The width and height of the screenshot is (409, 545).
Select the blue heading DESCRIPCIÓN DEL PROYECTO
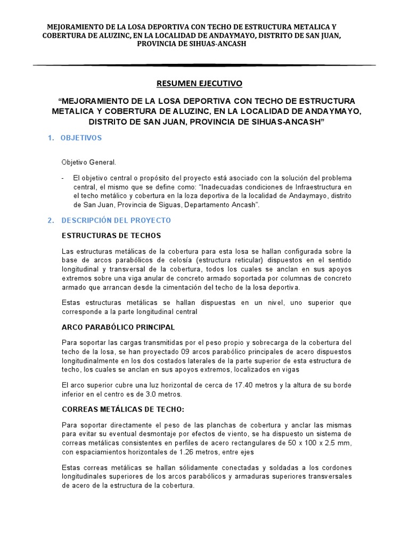coord(116,220)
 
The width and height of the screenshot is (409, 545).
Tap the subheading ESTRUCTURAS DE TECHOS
coord(111,236)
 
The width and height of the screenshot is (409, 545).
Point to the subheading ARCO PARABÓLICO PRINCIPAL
coord(118,327)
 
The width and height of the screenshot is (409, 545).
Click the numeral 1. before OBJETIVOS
coord(51,138)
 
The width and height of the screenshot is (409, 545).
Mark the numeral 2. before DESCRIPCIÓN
coord(51,220)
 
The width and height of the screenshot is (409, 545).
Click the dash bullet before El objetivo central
coord(63,178)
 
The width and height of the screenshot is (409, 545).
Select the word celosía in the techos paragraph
coord(167,260)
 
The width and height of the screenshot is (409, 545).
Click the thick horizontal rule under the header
coord(204,65)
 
